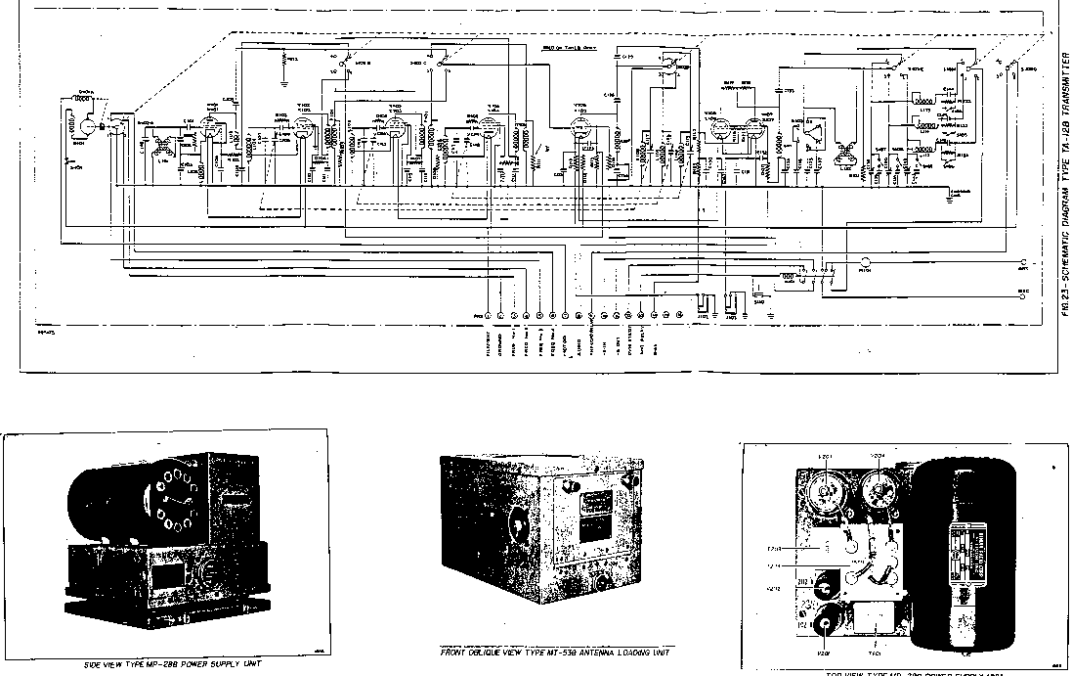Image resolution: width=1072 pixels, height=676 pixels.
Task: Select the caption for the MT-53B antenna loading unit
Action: tap(556, 653)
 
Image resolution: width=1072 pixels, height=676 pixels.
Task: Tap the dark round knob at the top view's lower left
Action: tap(832, 620)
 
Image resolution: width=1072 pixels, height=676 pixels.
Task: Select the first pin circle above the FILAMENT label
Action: tap(487, 315)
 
